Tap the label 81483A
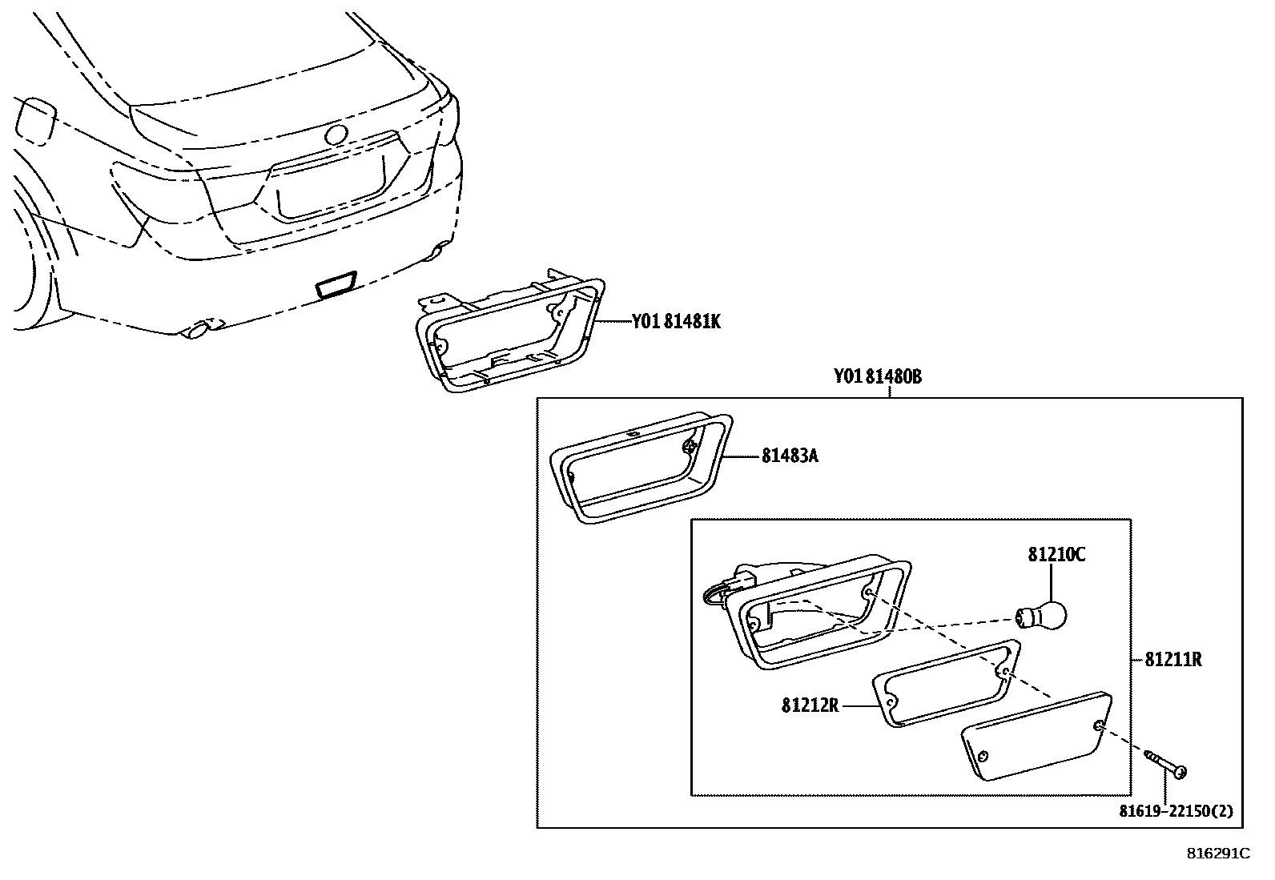790,456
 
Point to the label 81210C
1056,554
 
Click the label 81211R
1173,660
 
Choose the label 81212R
810,706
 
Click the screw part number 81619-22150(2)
1176,811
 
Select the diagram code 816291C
1217,854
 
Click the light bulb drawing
1042,615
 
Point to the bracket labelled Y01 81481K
509,334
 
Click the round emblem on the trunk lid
336,135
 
